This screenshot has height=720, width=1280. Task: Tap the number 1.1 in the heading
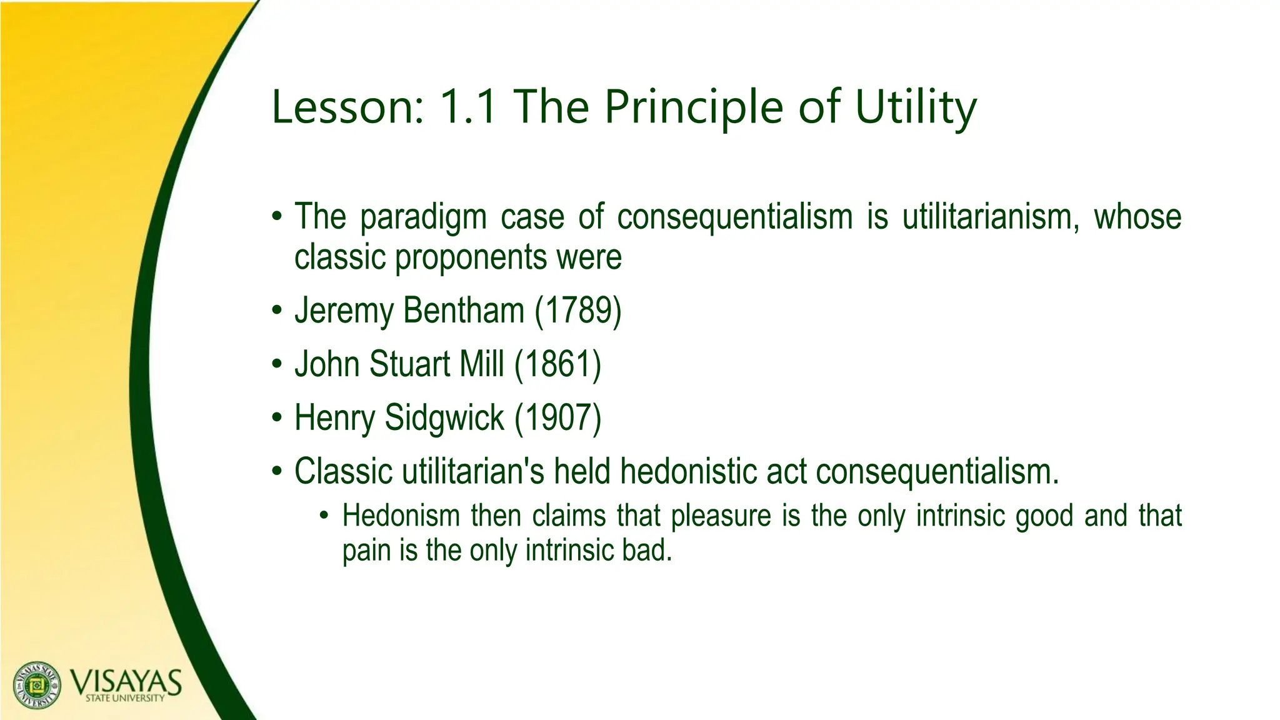(469, 107)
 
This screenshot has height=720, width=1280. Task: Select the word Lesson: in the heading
(347, 107)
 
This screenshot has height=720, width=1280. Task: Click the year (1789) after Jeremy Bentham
(578, 311)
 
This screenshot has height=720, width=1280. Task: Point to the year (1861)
(557, 364)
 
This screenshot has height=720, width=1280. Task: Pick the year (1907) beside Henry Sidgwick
(557, 417)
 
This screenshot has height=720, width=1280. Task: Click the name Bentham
(464, 311)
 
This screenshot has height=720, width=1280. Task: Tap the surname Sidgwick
(444, 417)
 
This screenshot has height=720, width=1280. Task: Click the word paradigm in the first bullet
(423, 217)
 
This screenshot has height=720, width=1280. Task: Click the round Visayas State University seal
(37, 685)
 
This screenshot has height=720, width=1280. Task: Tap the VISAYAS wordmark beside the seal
(125, 682)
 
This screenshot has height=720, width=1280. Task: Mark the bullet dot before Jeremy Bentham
(277, 311)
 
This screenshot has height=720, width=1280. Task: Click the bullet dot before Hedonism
(323, 516)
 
